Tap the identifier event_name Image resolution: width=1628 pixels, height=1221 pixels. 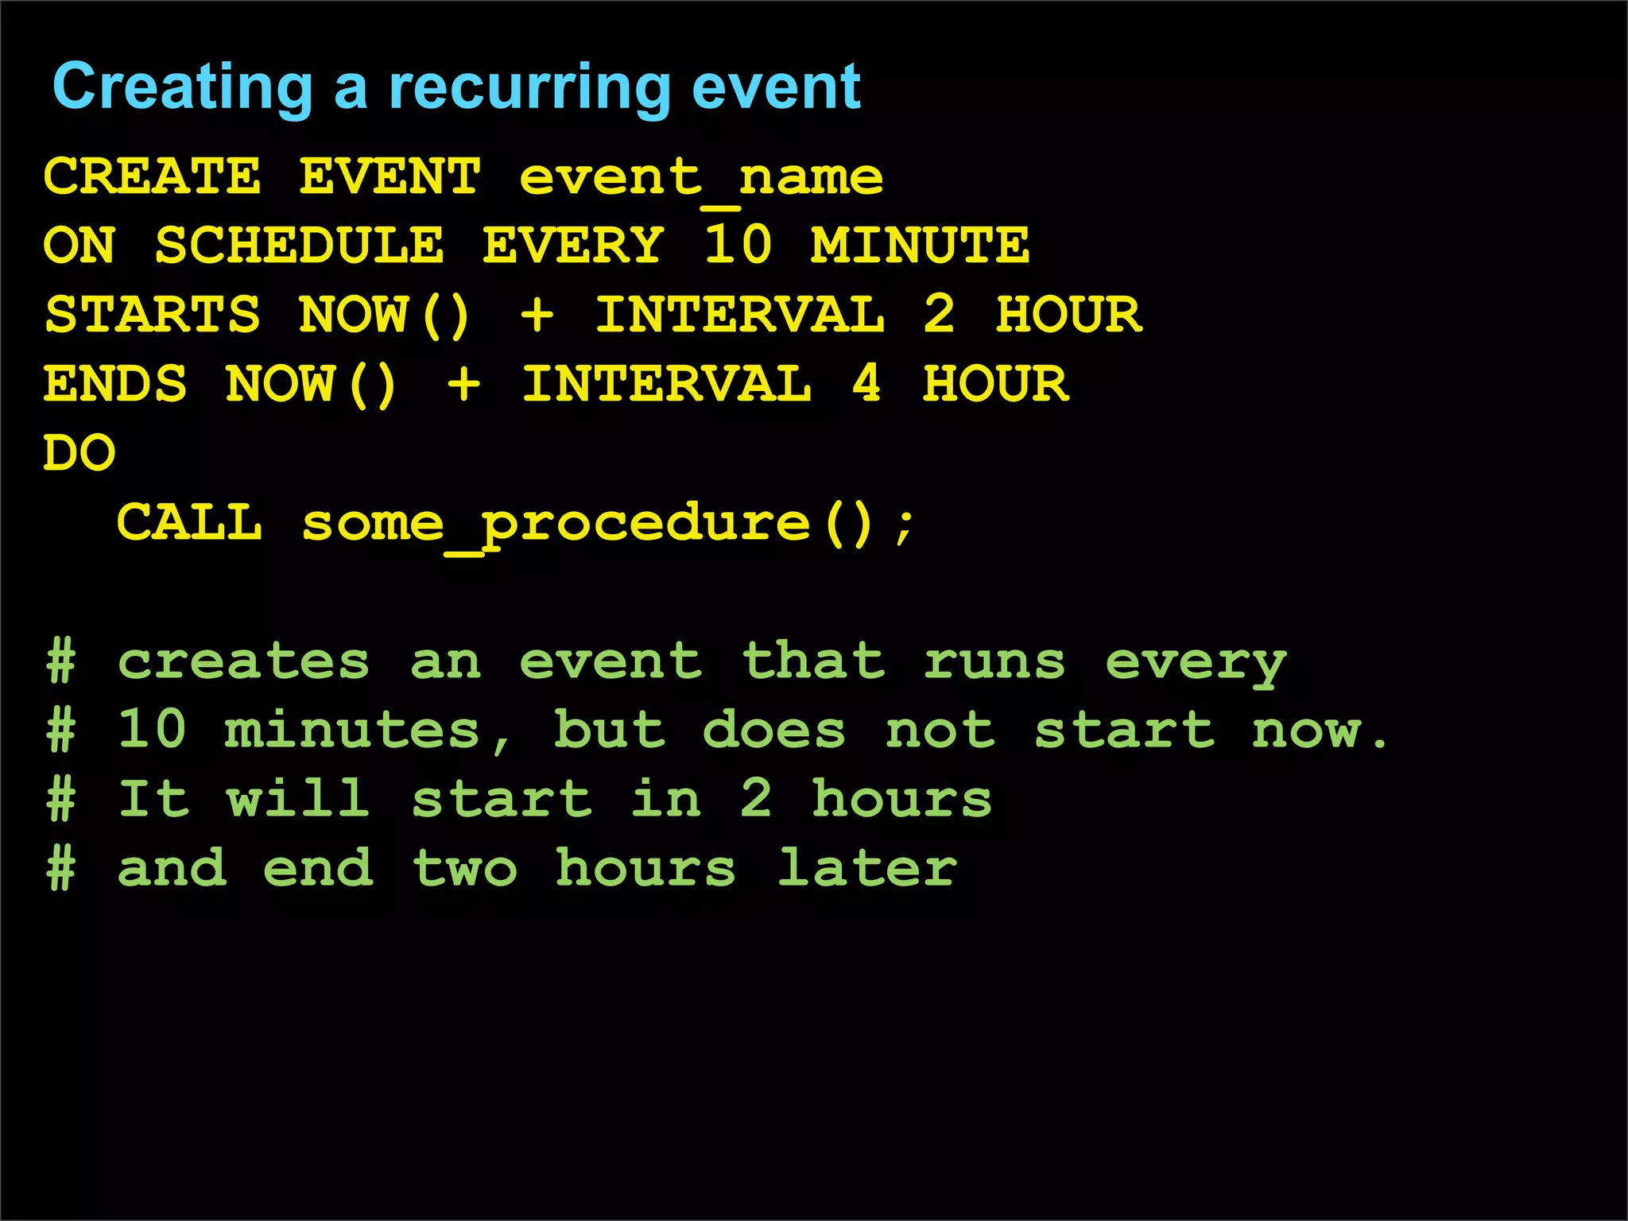(700, 177)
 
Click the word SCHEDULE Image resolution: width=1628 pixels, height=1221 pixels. (299, 245)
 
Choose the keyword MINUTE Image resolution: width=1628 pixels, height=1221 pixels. (920, 245)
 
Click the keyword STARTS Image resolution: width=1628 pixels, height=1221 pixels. (152, 314)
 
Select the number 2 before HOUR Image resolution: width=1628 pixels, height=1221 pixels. (939, 314)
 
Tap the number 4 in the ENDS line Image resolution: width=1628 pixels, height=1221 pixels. (866, 384)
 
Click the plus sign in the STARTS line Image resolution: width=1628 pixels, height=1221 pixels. (537, 314)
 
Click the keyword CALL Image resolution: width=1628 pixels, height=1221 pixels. (189, 522)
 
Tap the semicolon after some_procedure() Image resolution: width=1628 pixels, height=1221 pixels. (904, 526)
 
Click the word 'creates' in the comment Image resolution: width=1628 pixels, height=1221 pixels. (243, 661)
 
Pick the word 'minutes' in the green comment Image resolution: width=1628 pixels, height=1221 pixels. (352, 731)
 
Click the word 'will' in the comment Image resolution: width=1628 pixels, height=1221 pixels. (298, 799)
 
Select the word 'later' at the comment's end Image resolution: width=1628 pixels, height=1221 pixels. (866, 868)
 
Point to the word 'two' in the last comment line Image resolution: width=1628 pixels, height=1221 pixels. (465, 868)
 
